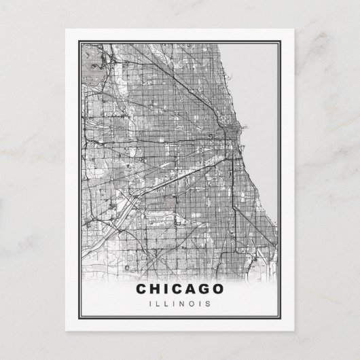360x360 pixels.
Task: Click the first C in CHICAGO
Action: tap(141, 289)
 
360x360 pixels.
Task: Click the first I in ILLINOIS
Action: tap(149, 303)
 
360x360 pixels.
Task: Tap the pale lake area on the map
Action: tap(262, 102)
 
